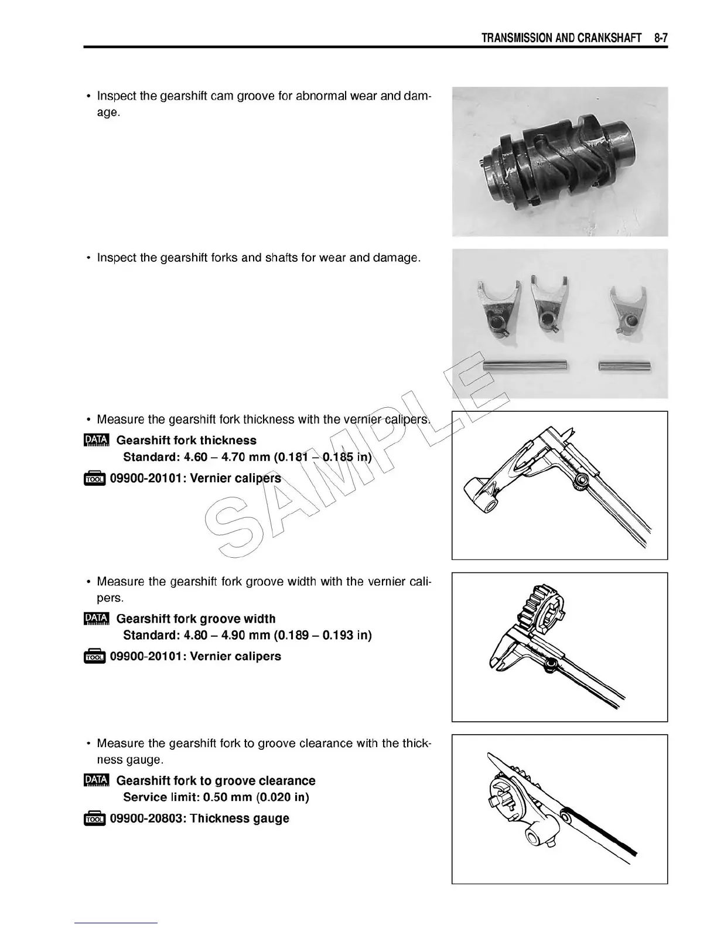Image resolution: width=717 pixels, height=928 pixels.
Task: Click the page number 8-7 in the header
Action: [x=661, y=38]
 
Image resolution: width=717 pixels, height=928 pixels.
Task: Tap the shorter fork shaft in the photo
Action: [x=622, y=366]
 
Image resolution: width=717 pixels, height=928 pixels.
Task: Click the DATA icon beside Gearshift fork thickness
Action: [x=96, y=441]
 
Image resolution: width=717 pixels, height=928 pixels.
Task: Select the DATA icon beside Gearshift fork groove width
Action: [x=96, y=619]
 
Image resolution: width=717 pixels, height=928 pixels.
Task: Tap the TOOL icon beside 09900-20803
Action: [x=94, y=819]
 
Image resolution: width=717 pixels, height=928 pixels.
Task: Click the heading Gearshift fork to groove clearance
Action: [x=216, y=780]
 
